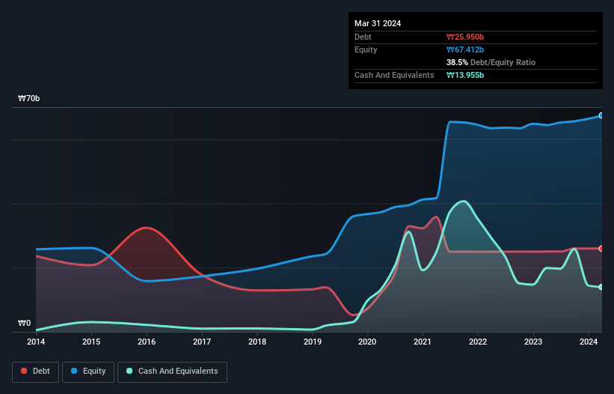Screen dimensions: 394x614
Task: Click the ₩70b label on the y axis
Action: [29, 99]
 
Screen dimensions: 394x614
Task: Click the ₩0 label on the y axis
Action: [25, 324]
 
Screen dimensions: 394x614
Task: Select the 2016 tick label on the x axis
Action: [147, 342]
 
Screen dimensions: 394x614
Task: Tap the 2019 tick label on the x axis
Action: [312, 342]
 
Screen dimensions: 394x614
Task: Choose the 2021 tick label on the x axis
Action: [423, 342]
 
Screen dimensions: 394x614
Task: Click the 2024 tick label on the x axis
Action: [589, 342]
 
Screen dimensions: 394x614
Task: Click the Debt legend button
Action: [34, 371]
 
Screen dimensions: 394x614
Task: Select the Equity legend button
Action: [88, 371]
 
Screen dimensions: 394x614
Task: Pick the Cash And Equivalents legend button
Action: [172, 371]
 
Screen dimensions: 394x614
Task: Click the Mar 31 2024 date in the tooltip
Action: [378, 23]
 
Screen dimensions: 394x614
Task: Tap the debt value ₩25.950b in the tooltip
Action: [465, 37]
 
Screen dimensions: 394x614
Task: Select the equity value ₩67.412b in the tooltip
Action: [465, 49]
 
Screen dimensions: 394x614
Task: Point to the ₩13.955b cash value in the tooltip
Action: [465, 75]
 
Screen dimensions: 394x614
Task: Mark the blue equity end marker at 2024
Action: [601, 115]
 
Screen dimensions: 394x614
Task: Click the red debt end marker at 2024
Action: [601, 248]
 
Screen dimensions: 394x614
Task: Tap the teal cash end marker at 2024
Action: [601, 287]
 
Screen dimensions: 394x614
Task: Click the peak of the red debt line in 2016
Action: [147, 227]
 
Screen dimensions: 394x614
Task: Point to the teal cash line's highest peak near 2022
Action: [464, 201]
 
